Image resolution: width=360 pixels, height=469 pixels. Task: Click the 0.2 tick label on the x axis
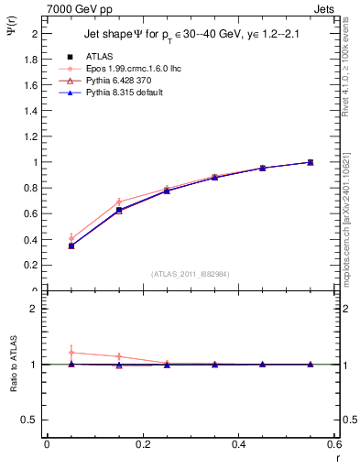coord(142,444)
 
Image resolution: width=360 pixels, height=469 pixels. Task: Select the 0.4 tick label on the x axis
coord(238,444)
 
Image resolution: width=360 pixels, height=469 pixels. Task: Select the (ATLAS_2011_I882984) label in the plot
coord(190,274)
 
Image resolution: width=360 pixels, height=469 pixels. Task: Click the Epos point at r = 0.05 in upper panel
coord(71,238)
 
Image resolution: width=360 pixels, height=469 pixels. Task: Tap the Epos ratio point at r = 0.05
coord(71,352)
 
